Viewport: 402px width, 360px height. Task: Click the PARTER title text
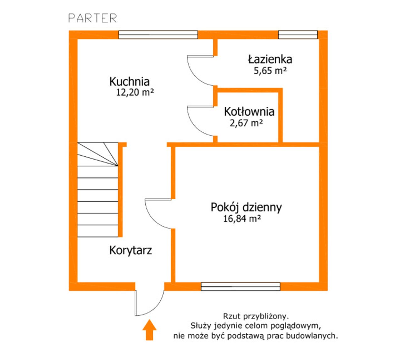92,18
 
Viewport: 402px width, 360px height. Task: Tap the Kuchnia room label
129,82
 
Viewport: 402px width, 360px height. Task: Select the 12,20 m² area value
135,92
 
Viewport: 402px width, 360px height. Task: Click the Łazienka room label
270,59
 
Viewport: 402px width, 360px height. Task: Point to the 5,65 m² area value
270,71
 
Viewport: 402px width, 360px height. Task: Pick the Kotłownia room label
249,111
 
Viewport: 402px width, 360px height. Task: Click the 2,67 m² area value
247,123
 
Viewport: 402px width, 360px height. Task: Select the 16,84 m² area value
242,219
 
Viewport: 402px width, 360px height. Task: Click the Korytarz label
131,250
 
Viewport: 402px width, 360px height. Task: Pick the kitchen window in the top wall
158,35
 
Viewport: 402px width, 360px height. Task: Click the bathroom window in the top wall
298,35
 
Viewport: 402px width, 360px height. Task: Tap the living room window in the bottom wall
241,287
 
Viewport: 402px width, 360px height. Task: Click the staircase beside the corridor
98,190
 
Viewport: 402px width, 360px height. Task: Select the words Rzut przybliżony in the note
256,316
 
